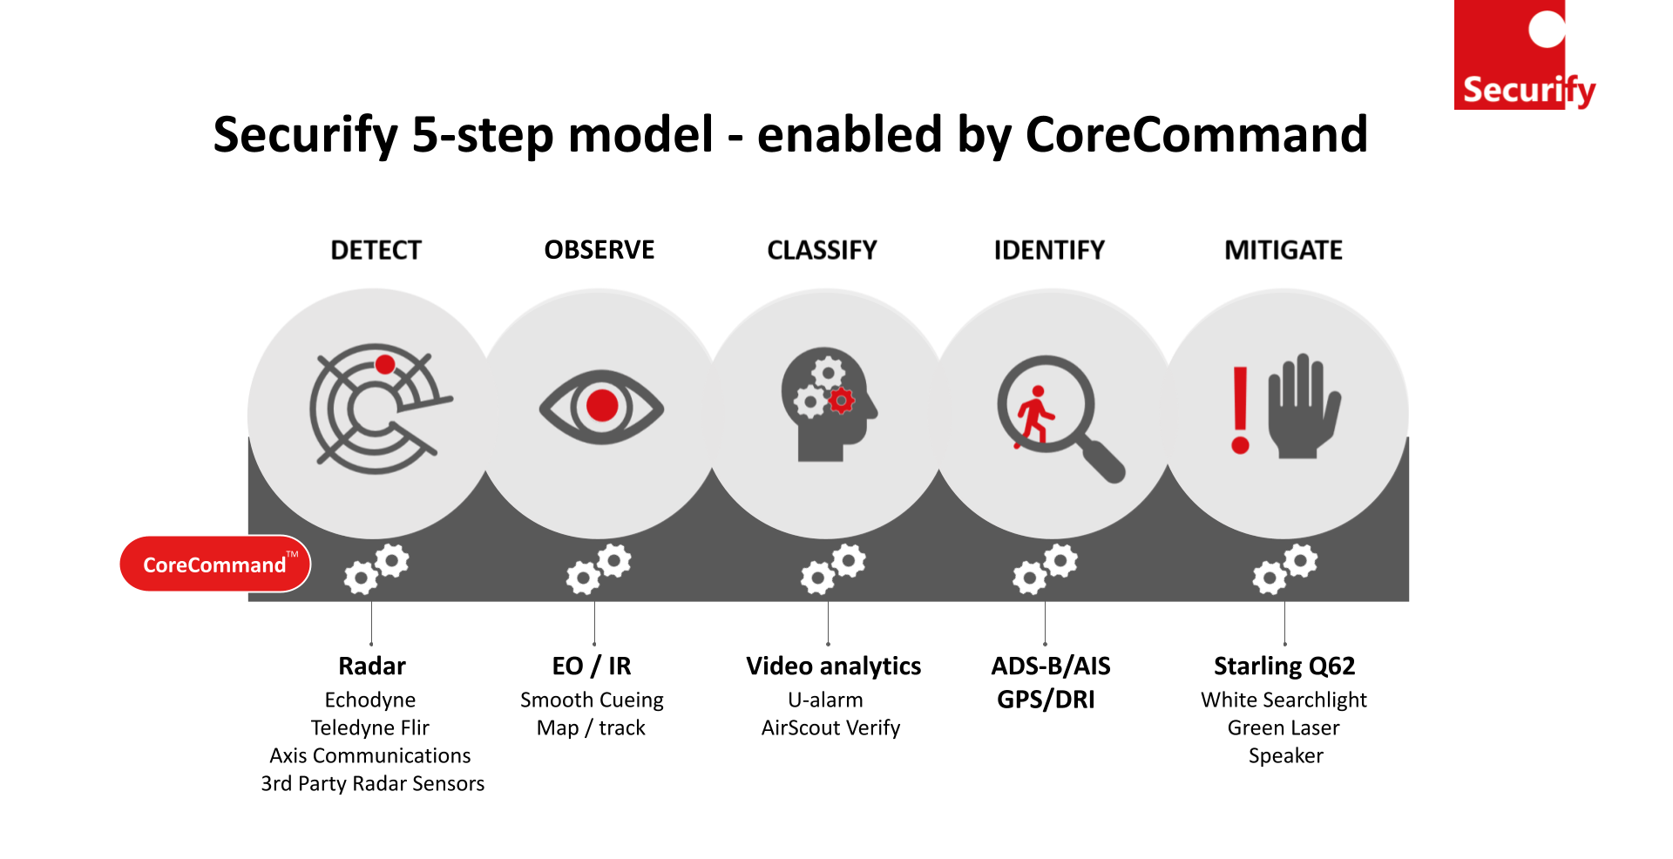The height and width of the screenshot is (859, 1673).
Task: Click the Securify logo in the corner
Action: pyautogui.click(x=1525, y=55)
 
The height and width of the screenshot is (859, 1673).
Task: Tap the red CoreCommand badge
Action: pyautogui.click(x=215, y=564)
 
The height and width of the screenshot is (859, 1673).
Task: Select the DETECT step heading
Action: pyautogui.click(x=376, y=251)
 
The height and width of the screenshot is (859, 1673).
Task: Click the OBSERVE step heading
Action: pyautogui.click(x=599, y=250)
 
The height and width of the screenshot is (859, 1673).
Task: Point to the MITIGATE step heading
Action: pyautogui.click(x=1284, y=251)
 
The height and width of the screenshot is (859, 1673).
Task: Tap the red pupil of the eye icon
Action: pyautogui.click(x=602, y=405)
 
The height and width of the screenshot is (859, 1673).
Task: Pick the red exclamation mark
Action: pyautogui.click(x=1241, y=409)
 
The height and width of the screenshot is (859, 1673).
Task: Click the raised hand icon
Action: pyautogui.click(x=1304, y=405)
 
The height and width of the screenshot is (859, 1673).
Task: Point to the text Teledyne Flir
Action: pyautogui.click(x=370, y=727)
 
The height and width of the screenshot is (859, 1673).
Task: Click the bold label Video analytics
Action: pyautogui.click(x=834, y=666)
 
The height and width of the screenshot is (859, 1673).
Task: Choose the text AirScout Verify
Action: pyautogui.click(x=830, y=727)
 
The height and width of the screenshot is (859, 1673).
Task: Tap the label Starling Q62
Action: pyautogui.click(x=1284, y=666)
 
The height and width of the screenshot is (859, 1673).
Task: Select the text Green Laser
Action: pyautogui.click(x=1284, y=727)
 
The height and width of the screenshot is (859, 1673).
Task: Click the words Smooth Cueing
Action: pyautogui.click(x=592, y=700)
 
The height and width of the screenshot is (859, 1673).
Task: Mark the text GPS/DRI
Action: pyautogui.click(x=1046, y=700)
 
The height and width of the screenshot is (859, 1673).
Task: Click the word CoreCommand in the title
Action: pyautogui.click(x=1196, y=134)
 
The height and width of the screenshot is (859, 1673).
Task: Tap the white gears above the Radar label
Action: pyautogui.click(x=376, y=568)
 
